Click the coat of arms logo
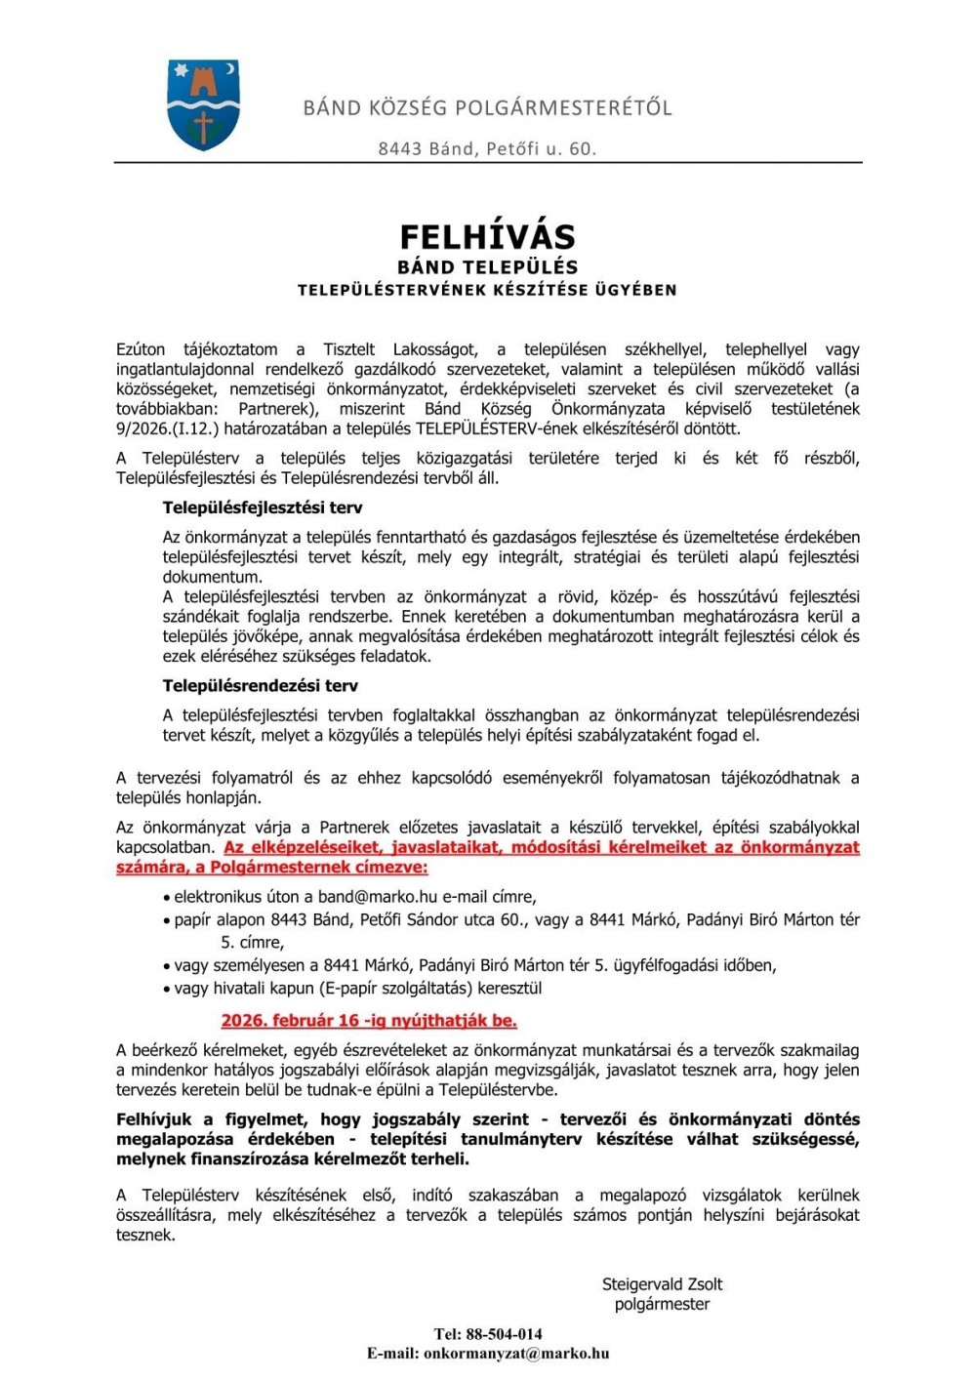pos(203,104)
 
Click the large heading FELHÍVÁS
pos(487,236)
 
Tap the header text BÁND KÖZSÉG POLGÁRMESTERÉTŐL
pos(487,107)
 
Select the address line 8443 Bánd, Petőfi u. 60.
pos(487,148)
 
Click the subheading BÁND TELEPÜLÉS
pos(487,266)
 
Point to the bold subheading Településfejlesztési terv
pos(263,507)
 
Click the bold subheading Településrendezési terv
pos(261,685)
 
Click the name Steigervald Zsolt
pos(662,1284)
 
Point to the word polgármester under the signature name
pos(662,1304)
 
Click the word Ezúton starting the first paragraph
pos(142,349)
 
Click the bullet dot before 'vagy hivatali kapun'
pos(167,990)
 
